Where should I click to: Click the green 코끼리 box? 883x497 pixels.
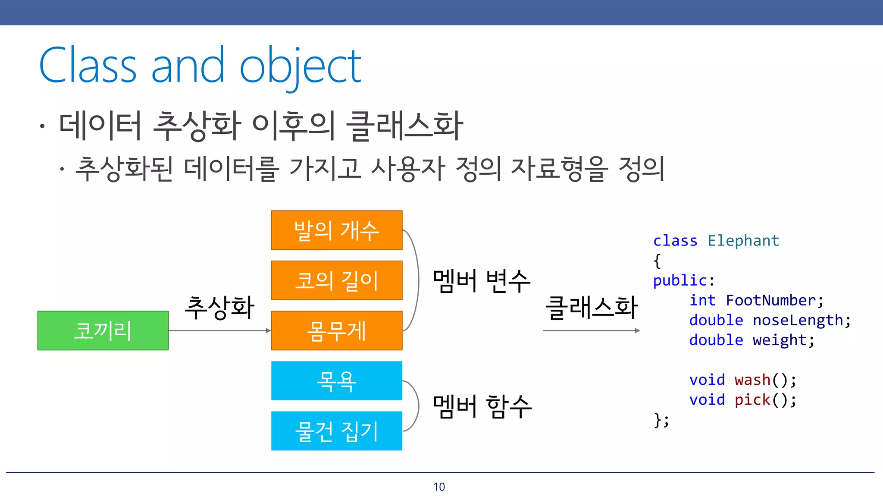[103, 330]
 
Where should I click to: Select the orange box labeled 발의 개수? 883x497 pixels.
[336, 230]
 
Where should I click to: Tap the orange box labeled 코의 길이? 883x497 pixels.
[336, 280]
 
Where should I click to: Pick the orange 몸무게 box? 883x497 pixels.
[336, 330]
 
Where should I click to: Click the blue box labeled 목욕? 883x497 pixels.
[336, 381]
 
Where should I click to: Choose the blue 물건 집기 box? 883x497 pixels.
[336, 431]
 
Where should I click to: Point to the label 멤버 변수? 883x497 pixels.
[481, 281]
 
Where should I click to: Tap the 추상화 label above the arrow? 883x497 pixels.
[219, 308]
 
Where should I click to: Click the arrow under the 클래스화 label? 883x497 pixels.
[591, 330]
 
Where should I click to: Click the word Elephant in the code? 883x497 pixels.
[743, 241]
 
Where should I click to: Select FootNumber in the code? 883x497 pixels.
[771, 300]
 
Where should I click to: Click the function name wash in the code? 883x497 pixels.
[752, 380]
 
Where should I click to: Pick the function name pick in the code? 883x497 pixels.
[752, 400]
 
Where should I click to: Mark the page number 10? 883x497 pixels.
[439, 487]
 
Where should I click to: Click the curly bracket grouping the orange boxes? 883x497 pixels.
[417, 280]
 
